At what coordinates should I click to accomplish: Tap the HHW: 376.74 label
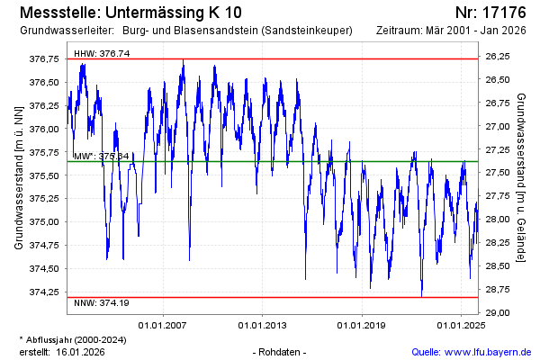coord(102,54)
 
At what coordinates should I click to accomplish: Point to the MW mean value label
coord(102,156)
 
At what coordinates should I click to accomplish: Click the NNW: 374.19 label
coord(102,302)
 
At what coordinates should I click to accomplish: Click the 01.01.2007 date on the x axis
coord(161,325)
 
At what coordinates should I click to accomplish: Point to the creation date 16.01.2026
coord(80,351)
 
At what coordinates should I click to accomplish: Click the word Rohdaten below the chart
coord(281,351)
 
